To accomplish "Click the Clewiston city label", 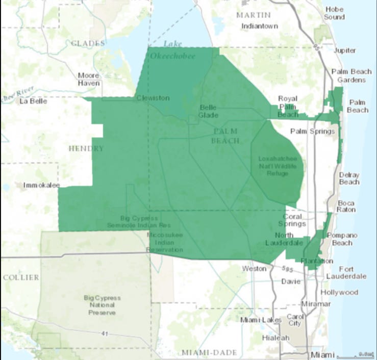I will tap(153, 98).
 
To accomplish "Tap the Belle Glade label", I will tap(208, 111).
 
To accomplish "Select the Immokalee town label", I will tap(38, 185).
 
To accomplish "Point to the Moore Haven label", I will tap(89, 79).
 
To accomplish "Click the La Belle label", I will tap(33, 101).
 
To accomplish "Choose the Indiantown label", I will tap(260, 25).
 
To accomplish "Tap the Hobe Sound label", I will tap(334, 13).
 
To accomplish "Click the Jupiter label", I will tap(345, 50).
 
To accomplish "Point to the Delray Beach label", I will tap(349, 178).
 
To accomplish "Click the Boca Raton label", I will tap(346, 206).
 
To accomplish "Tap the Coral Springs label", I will tap(292, 220).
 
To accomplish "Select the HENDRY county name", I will tap(86, 148).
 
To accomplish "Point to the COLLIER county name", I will tap(21, 277).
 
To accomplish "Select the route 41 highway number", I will tap(104, 333).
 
